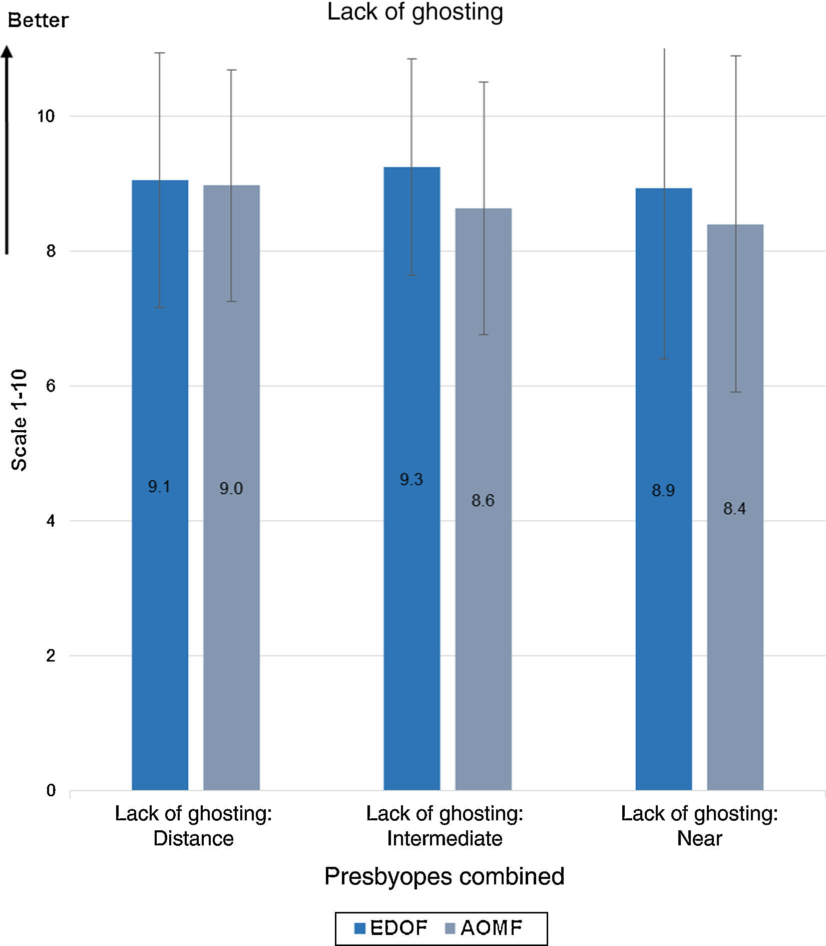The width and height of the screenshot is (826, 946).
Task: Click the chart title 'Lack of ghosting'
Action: pyautogui.click(x=415, y=12)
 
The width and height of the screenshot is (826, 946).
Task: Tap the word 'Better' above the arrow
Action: pyautogui.click(x=38, y=21)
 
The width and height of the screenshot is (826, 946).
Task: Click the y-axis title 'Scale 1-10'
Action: pyautogui.click(x=19, y=420)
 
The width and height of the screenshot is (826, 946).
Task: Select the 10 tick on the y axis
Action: pyautogui.click(x=46, y=116)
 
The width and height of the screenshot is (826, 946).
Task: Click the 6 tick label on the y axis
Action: pyautogui.click(x=51, y=386)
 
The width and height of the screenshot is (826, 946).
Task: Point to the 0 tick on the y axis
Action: pyautogui.click(x=51, y=791)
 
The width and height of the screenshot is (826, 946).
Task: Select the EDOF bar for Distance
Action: pyautogui.click(x=160, y=601)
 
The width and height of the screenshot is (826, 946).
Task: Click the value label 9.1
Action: pyautogui.click(x=159, y=486)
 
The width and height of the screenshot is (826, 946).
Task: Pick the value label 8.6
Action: pyautogui.click(x=483, y=500)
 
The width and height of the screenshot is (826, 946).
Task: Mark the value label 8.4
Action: pyautogui.click(x=734, y=509)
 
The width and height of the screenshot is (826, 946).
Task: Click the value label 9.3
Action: pyautogui.click(x=411, y=480)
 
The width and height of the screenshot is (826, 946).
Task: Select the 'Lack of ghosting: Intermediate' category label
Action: pyautogui.click(x=445, y=826)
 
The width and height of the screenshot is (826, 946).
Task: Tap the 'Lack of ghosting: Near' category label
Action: pyautogui.click(x=699, y=826)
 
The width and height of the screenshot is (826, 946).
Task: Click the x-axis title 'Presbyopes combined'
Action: pyautogui.click(x=444, y=876)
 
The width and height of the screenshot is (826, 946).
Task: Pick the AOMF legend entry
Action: pyautogui.click(x=484, y=928)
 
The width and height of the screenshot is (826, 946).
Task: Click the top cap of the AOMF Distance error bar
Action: pyautogui.click(x=231, y=70)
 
